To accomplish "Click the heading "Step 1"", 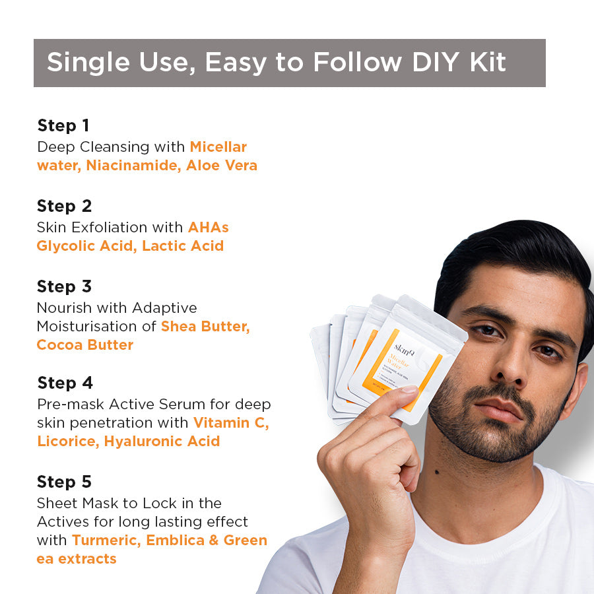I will pyautogui.click(x=63, y=125).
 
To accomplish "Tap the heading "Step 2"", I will pyautogui.click(x=64, y=206).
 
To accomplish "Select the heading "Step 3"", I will pyautogui.click(x=64, y=286).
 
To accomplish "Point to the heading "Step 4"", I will pyautogui.click(x=65, y=383).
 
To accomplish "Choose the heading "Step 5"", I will pyautogui.click(x=65, y=482).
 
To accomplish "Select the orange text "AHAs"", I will pyautogui.click(x=208, y=227).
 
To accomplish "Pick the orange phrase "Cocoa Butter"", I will pyautogui.click(x=84, y=345).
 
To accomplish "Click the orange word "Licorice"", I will pyautogui.click(x=67, y=441).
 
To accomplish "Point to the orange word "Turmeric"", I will pyautogui.click(x=106, y=540).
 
